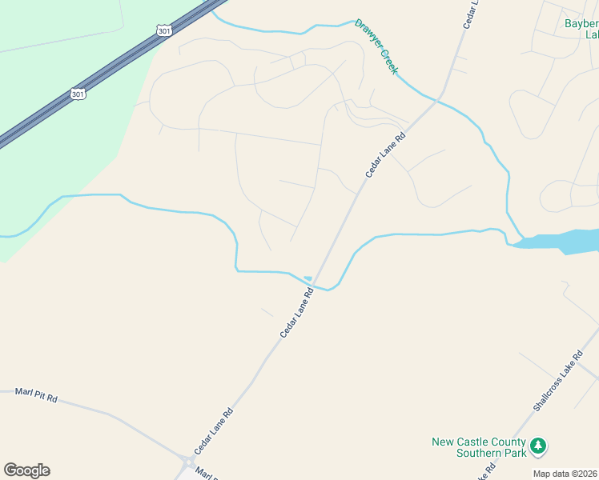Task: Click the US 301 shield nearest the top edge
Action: (x=164, y=30)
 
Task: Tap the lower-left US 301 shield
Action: (x=78, y=94)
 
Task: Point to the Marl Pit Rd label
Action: (x=36, y=395)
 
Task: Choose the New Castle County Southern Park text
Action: (x=479, y=447)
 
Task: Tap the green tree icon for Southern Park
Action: (x=540, y=446)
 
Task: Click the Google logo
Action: (x=26, y=470)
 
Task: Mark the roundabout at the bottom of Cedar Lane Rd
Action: (x=187, y=462)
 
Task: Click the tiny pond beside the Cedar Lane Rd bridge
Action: (x=308, y=278)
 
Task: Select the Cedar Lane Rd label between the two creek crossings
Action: (x=386, y=154)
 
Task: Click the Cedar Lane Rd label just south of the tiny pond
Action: (x=296, y=313)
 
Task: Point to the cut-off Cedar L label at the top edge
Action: (x=471, y=14)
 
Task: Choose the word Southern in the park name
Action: (x=502, y=453)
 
